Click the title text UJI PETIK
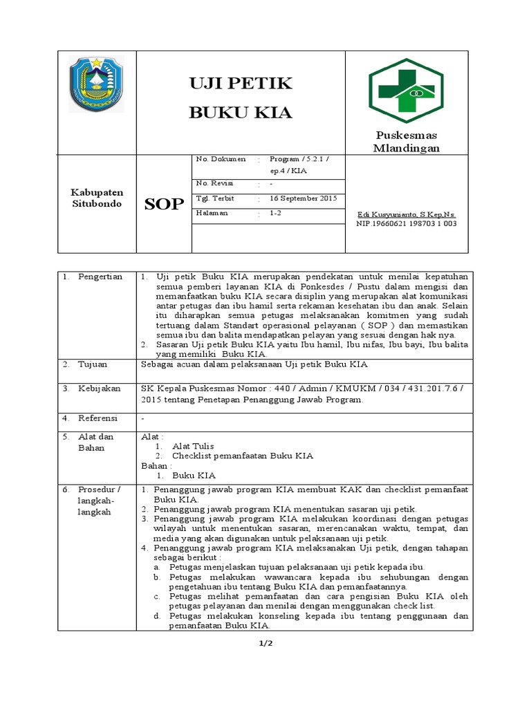coord(241,84)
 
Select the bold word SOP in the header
coord(164,204)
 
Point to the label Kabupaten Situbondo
coord(97,198)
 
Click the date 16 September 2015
coord(303,198)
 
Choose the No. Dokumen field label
coord(221,159)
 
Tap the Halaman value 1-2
coord(276,214)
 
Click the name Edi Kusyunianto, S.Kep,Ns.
coord(406,214)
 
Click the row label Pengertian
coord(100,277)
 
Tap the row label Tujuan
coord(93,364)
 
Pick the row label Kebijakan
coord(97,389)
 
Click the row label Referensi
coord(97,418)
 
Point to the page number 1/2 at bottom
coord(265,644)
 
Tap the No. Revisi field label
coord(215,183)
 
